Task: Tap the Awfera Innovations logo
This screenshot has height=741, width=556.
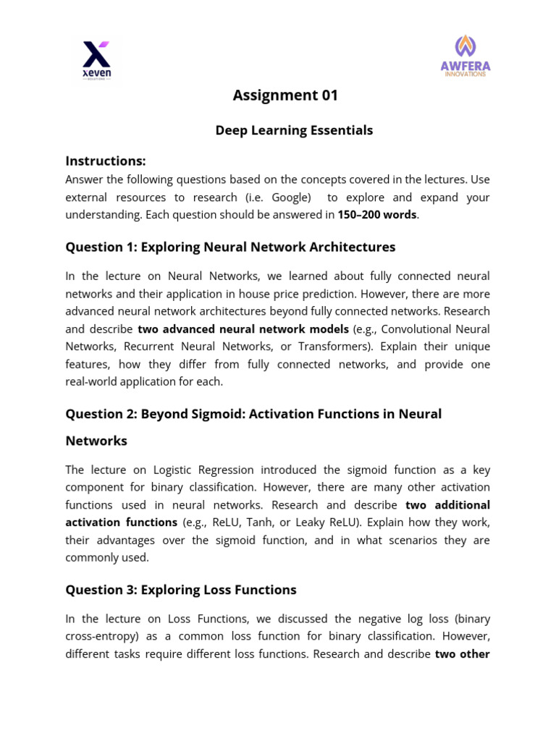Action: click(466, 56)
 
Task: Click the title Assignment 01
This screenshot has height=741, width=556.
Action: click(285, 96)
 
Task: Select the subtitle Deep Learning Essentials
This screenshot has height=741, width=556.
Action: click(294, 130)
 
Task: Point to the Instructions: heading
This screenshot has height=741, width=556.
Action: click(106, 161)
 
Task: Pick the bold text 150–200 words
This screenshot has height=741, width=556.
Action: click(377, 215)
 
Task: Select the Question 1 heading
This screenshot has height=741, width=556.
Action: click(230, 247)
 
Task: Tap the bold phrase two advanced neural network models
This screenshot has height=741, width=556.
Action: click(243, 329)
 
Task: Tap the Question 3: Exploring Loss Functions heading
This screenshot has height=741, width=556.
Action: click(181, 590)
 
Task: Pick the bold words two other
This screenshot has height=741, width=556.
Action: click(462, 654)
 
